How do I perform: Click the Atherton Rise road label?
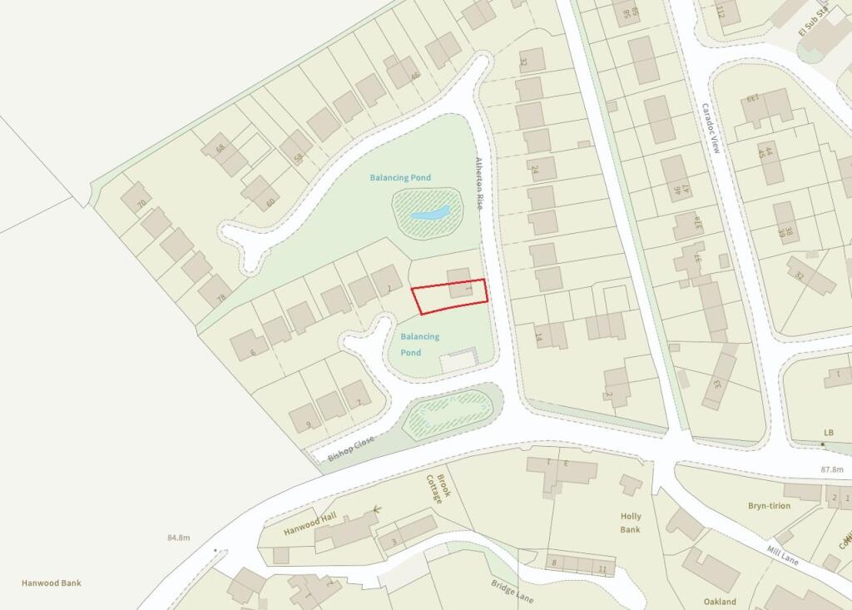479,183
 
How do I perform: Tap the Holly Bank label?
631,523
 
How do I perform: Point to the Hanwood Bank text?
52,583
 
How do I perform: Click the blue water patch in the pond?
430,214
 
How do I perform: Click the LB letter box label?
828,433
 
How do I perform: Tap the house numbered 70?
136,199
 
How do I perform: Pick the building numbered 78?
215,292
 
